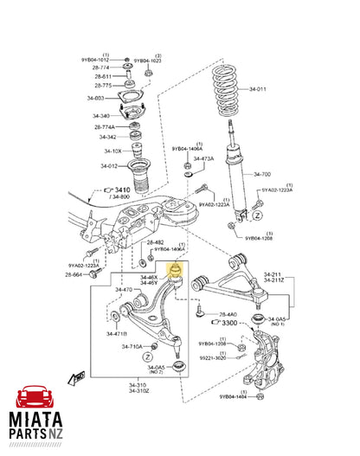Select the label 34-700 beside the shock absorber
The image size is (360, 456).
[x=262, y=174]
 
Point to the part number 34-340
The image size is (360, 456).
[x=100, y=115]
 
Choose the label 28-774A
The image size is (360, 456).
[x=104, y=126]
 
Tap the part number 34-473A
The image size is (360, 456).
[x=203, y=158]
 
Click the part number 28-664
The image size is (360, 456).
[x=73, y=274]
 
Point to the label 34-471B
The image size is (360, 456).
[x=117, y=333]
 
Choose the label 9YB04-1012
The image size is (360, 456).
[x=95, y=60]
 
